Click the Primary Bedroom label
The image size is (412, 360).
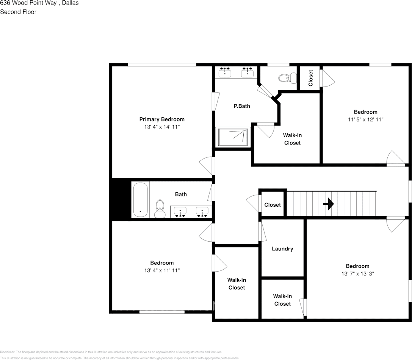(162, 119)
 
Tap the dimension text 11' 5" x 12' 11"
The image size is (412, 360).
(365, 119)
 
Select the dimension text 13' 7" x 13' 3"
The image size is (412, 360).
(357, 273)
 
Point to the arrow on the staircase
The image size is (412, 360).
(328, 204)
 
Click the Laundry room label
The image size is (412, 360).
(282, 249)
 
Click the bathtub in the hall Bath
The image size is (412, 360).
(140, 200)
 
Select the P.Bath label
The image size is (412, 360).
(241, 106)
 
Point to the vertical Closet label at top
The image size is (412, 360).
(310, 78)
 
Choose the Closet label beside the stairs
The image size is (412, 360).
(273, 205)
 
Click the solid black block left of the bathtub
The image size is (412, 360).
(121, 199)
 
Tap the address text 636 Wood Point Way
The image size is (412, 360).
(28, 3)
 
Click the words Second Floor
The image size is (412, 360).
(18, 12)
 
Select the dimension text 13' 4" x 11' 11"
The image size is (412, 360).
(162, 270)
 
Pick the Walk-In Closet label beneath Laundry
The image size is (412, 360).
(282, 300)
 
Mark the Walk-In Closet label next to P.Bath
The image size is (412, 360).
(292, 139)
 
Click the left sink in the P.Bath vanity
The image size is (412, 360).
(226, 71)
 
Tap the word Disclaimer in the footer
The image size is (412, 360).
(7, 352)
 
